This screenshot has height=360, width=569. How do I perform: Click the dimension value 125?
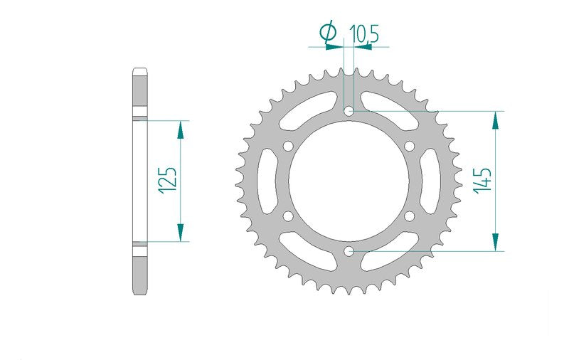click(169, 181)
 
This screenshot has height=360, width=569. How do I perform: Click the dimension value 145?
click(483, 181)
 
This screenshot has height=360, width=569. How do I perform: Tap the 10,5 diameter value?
click(364, 34)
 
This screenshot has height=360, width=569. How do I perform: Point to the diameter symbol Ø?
click(329, 33)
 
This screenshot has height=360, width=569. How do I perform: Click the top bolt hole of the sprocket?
click(349, 111)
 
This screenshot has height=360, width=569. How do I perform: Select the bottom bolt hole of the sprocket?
click(349, 250)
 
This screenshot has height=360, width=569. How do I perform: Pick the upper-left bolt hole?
click(289, 147)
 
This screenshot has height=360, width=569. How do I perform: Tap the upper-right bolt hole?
click(410, 147)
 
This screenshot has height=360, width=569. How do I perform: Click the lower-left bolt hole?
click(289, 216)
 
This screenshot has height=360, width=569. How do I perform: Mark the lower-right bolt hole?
click(410, 216)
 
